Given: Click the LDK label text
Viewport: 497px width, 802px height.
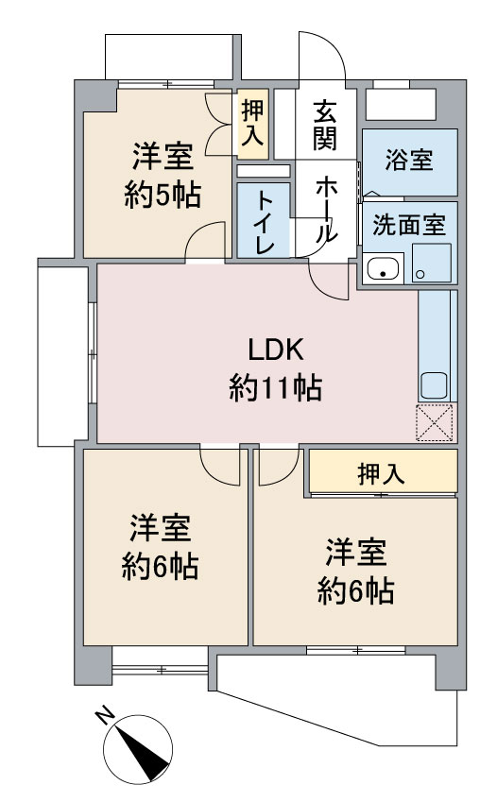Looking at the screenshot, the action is coord(276,350).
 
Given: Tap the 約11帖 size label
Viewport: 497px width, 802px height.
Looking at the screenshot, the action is coord(275,387).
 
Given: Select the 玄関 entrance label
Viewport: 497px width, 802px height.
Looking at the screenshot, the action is coord(326,126).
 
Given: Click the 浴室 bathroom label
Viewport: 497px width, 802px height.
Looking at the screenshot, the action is coord(409,160).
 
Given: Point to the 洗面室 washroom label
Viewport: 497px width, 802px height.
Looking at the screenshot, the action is coord(409,225).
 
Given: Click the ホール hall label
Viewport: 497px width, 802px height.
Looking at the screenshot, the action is coord(326,211).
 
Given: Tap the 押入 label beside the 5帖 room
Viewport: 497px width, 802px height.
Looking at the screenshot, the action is coord(253,122).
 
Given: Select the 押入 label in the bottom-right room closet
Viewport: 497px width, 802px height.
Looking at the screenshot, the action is coord(382,473).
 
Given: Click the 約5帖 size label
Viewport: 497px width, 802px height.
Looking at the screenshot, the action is coord(163,195).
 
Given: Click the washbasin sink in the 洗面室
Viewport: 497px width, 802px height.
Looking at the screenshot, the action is coord(384,268).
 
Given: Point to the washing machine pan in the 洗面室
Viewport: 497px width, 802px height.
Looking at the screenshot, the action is coord(432,263).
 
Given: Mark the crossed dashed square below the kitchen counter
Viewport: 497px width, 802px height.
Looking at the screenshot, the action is coord(435,422).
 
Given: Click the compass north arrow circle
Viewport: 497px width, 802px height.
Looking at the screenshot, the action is coord(138,749).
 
